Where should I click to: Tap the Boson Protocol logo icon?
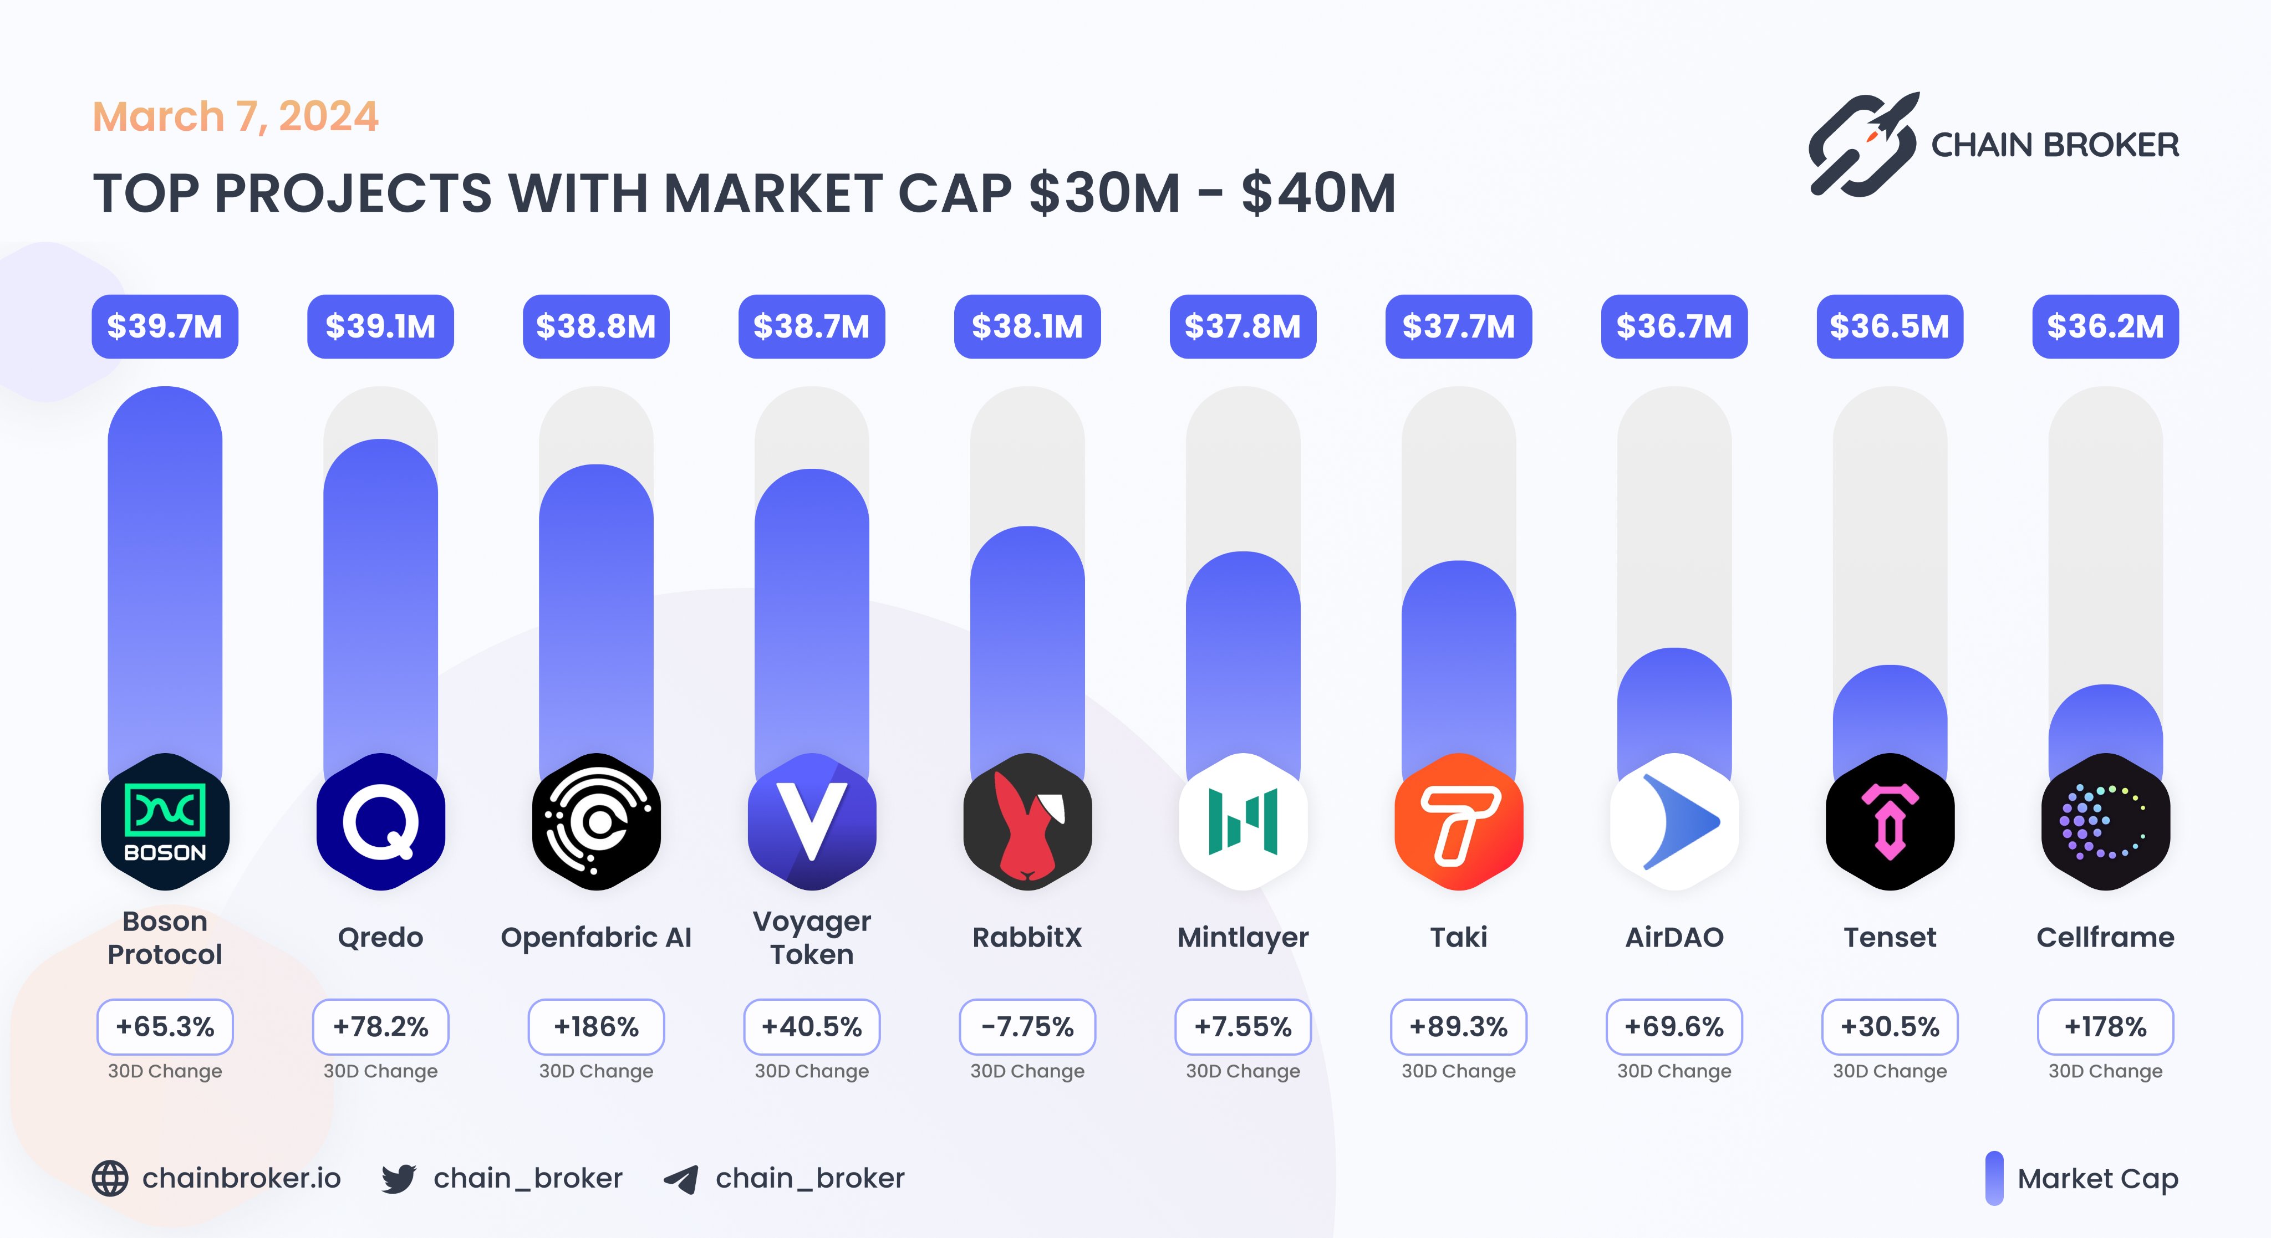tap(165, 821)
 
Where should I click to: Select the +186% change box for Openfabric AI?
tap(596, 1026)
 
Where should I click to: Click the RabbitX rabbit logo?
tap(1027, 821)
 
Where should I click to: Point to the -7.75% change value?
tap(1027, 1026)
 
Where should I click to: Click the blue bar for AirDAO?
tap(1674, 705)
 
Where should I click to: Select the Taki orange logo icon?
tap(1458, 821)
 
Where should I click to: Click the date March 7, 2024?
tap(236, 116)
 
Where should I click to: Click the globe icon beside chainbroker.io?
tap(110, 1178)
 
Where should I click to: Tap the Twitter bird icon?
tap(399, 1178)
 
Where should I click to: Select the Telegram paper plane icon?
tap(681, 1179)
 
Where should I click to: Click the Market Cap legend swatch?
tap(1994, 1178)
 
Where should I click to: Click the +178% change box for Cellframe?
tap(2105, 1026)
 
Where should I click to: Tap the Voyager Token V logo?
tap(811, 821)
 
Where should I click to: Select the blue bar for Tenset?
tap(1890, 714)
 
